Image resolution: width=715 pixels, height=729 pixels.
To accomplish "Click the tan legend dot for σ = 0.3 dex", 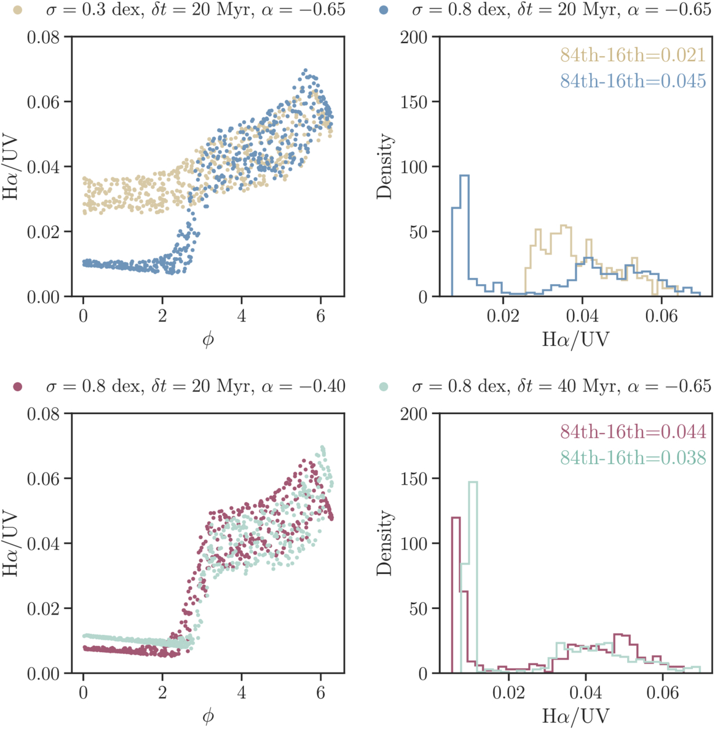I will tap(18, 10).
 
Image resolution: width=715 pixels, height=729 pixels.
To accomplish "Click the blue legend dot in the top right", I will tap(384, 10).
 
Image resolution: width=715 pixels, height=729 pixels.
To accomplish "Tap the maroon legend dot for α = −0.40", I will tap(18, 386).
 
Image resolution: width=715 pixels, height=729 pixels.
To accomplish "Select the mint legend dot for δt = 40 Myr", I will tap(384, 386).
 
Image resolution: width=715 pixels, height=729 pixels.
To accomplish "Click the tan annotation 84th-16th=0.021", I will tap(633, 55).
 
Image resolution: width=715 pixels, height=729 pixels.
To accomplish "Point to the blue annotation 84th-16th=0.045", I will tap(633, 81).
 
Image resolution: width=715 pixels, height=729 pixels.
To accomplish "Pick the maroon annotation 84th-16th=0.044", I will tap(633, 432).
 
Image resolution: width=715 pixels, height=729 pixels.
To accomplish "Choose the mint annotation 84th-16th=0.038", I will tap(633, 457).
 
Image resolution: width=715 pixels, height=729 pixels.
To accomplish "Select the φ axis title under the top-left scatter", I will tap(208, 340).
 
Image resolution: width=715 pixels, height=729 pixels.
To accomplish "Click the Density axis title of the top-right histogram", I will tap(385, 166).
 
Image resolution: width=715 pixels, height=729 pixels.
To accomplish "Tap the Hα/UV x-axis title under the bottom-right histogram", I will tap(575, 715).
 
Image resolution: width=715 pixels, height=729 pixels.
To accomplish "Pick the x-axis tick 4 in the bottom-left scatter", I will tap(242, 693).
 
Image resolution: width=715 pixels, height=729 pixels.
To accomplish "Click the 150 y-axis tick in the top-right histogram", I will tap(414, 102).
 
